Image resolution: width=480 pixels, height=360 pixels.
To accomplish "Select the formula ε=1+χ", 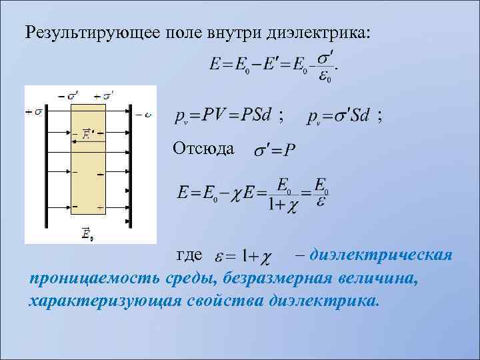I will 241,256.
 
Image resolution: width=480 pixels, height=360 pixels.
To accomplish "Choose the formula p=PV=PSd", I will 223,116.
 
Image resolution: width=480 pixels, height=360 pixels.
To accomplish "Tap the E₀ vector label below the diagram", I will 87,234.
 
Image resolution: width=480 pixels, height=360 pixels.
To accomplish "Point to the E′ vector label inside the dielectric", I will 88,134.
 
